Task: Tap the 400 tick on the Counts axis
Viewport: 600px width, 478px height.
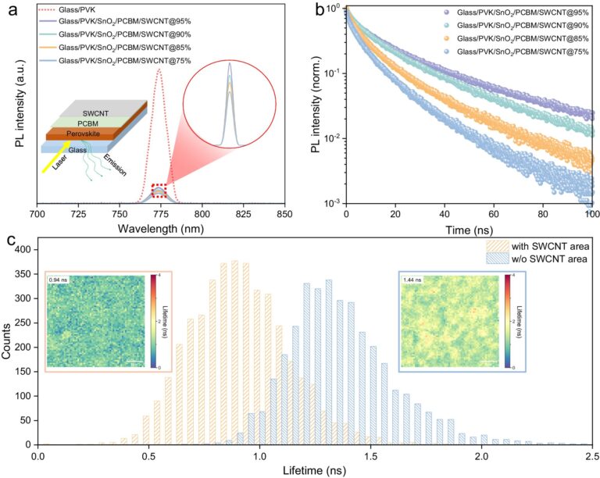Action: pyautogui.click(x=21, y=250)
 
